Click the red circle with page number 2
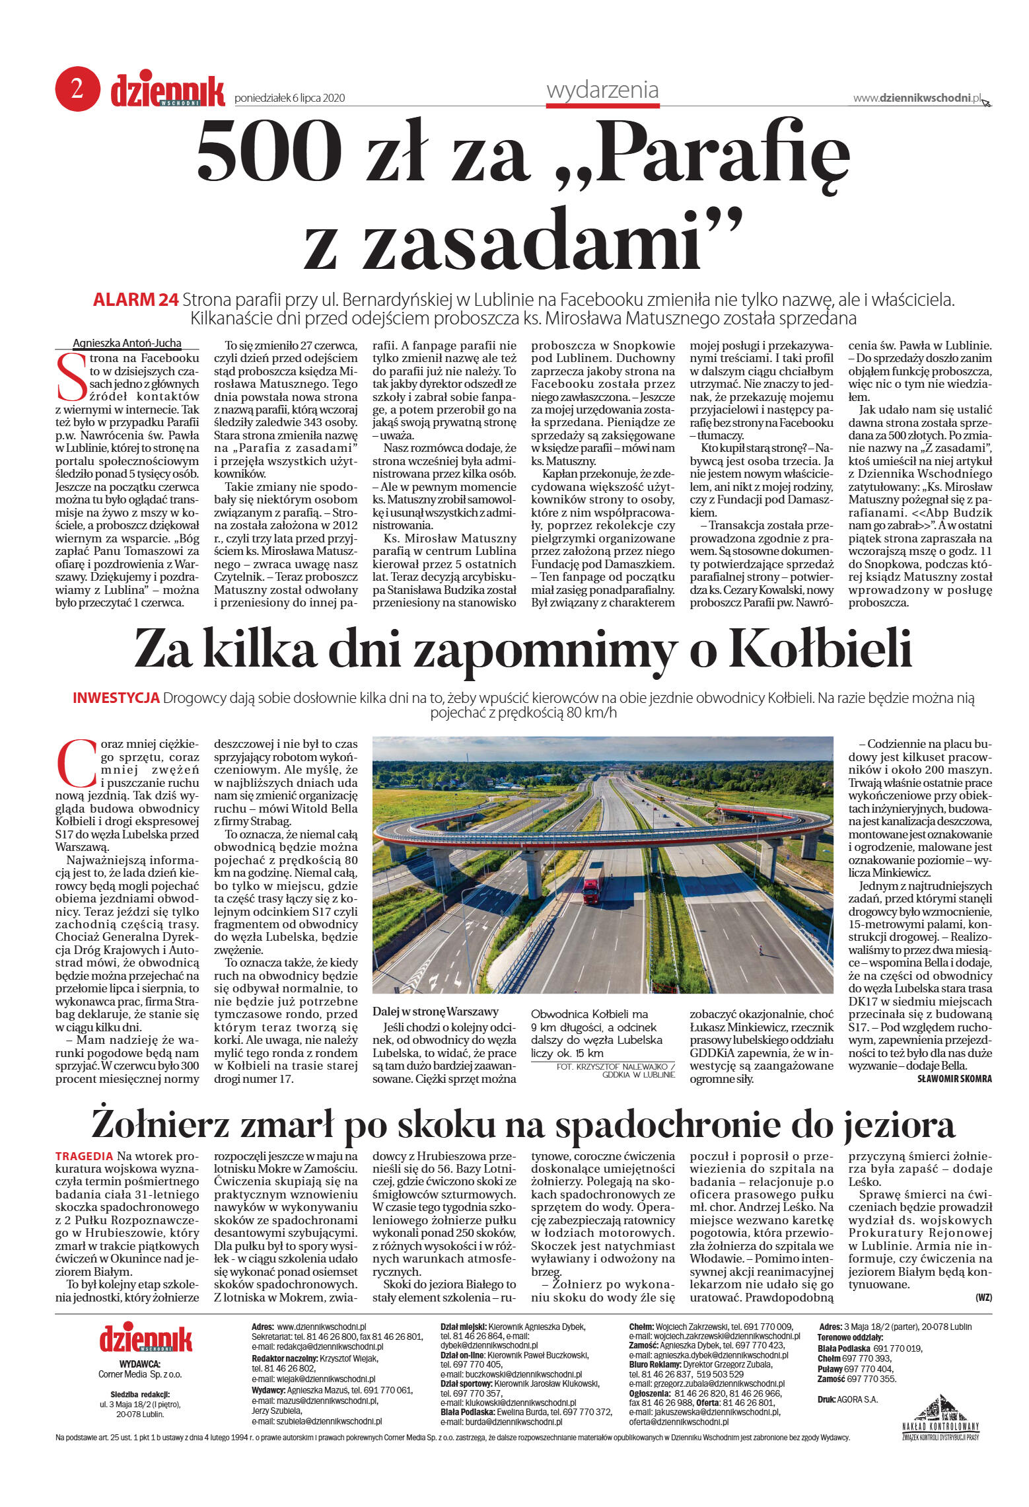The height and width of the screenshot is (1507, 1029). (77, 89)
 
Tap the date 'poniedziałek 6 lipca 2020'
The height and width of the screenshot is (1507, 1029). (290, 98)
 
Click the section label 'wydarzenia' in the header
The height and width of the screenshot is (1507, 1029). (602, 90)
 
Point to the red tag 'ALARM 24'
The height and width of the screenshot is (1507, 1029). (135, 300)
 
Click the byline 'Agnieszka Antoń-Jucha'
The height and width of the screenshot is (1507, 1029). (127, 344)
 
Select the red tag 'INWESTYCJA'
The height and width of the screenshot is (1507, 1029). (116, 698)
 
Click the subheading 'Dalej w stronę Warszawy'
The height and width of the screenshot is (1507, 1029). (435, 1011)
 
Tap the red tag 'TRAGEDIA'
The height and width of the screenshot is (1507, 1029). (84, 1156)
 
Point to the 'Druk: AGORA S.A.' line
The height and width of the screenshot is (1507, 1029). (847, 1399)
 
